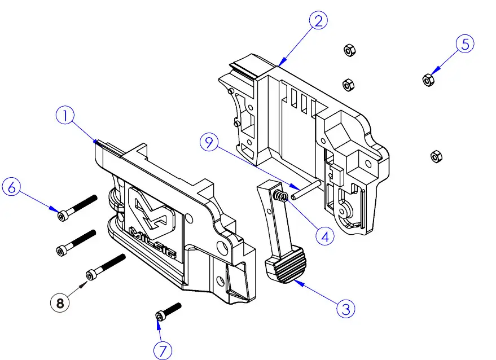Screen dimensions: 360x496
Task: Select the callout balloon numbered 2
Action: [318, 21]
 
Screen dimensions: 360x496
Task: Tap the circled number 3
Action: [346, 308]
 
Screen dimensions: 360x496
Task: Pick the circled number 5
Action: [464, 45]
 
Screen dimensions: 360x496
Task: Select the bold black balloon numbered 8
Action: [60, 303]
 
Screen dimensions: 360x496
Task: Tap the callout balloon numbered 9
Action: [209, 143]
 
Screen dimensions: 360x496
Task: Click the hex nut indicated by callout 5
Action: [428, 80]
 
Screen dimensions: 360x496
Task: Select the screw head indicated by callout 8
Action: [91, 275]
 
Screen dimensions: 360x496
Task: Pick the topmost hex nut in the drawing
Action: [349, 51]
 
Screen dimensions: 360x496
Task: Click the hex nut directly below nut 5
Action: [434, 155]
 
